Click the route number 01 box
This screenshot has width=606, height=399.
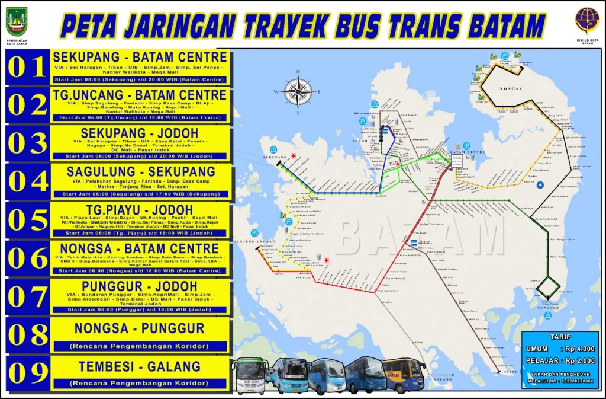(27, 67)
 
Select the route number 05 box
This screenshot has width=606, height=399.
(27, 220)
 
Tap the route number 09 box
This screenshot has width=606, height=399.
(27, 372)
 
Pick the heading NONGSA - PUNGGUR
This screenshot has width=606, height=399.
(140, 328)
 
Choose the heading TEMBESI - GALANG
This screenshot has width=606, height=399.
(140, 366)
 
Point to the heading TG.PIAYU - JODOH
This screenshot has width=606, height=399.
(140, 209)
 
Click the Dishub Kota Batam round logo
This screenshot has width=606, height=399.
(586, 20)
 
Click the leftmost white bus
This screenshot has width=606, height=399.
(249, 375)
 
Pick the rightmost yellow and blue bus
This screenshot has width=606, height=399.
(403, 374)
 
